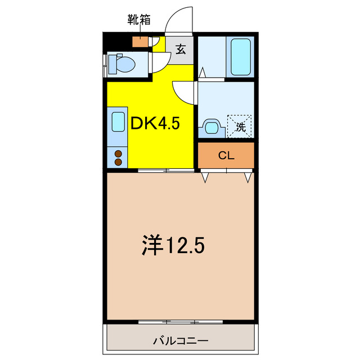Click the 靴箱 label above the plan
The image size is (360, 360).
139,21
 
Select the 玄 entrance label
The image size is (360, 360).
181,49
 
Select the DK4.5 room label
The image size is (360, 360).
155,123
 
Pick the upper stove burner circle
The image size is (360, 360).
118,153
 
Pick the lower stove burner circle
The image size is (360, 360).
118,162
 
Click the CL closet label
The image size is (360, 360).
226,156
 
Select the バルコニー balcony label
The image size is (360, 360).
181,341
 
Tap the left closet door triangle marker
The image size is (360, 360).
205,178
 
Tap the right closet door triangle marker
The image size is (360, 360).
247,178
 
